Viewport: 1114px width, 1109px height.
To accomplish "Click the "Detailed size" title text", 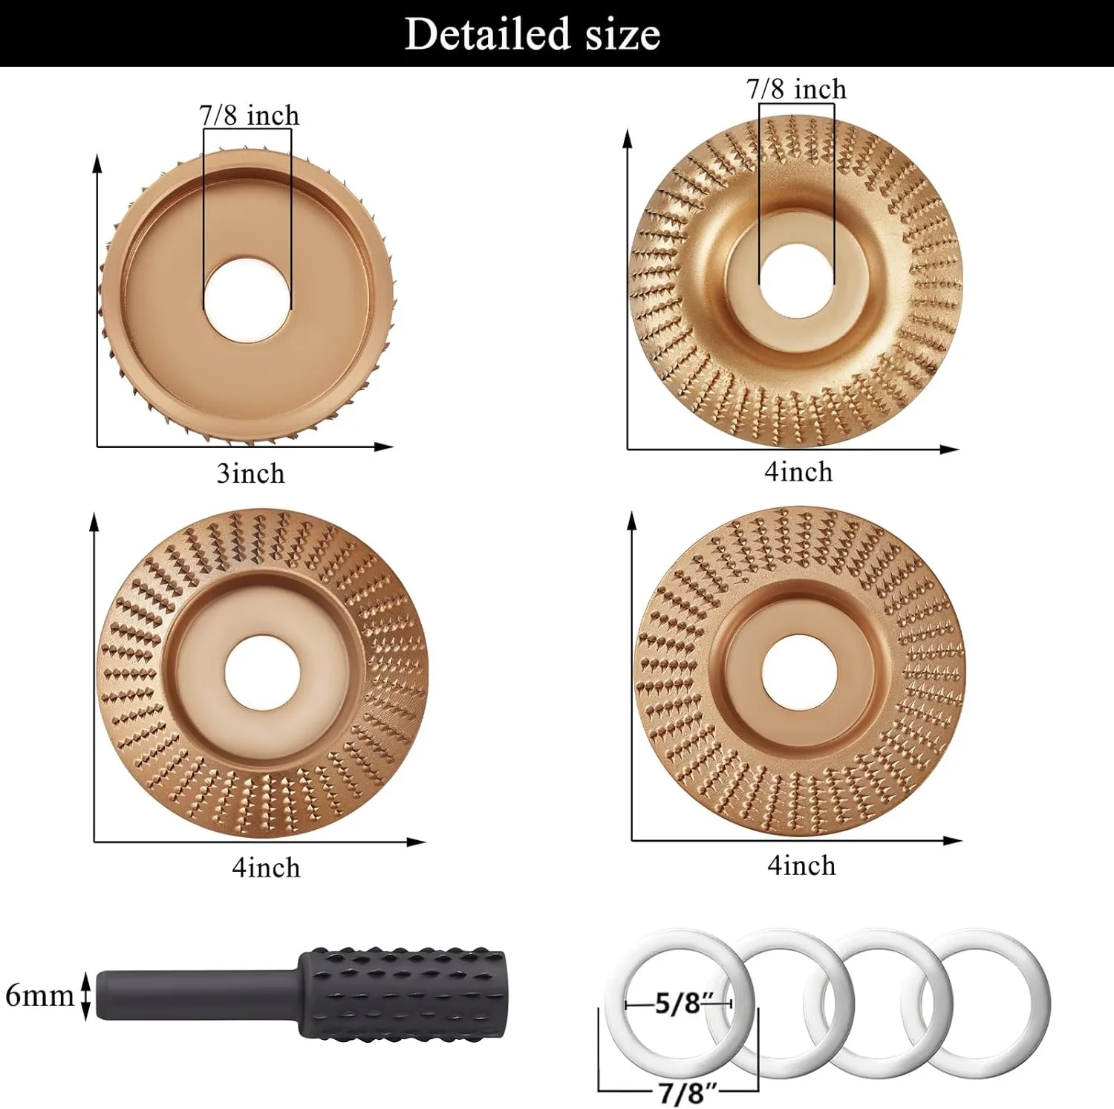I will (x=532, y=34).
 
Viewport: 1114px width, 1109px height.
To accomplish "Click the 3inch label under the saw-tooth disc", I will (x=250, y=474).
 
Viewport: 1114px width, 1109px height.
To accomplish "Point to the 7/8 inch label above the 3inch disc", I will (x=249, y=116).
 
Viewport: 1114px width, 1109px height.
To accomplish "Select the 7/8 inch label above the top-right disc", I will (x=796, y=89).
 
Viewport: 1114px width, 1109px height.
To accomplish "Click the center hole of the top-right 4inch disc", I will (x=796, y=279).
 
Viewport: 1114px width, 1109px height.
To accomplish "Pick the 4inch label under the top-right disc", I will (x=798, y=472).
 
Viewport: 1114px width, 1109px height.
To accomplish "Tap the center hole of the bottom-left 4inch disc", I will (x=262, y=673).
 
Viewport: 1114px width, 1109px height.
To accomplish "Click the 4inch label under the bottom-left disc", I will (x=266, y=868).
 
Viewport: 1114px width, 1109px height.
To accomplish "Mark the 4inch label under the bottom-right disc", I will (x=801, y=866).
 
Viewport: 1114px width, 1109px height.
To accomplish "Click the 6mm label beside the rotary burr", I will (x=39, y=995).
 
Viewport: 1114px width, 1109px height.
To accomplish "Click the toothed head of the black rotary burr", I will (x=401, y=993).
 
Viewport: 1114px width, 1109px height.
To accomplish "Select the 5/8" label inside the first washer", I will (x=678, y=1004).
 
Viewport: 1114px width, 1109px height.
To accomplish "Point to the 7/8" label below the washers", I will (x=688, y=1093).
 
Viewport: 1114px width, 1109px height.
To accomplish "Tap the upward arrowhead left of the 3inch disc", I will (x=97, y=163).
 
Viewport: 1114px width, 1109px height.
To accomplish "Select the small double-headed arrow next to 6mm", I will (x=85, y=995).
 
